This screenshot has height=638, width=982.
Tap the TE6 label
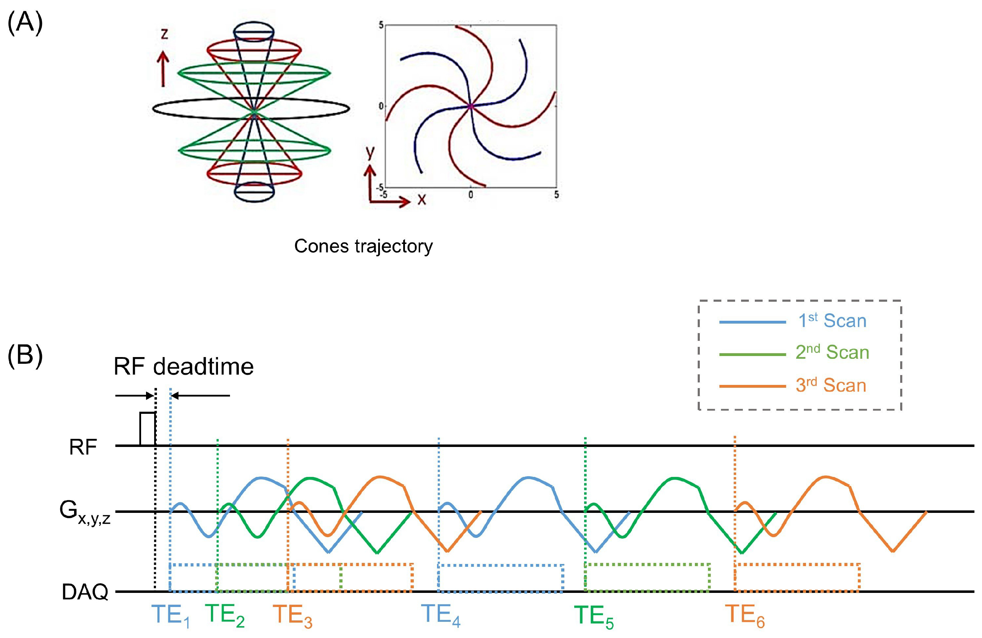click(745, 616)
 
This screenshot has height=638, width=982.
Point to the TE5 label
click(593, 616)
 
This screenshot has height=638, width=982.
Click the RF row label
click(83, 447)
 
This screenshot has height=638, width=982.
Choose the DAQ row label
click(85, 592)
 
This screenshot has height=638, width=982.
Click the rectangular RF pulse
click(147, 429)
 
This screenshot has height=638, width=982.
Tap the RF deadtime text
click(184, 367)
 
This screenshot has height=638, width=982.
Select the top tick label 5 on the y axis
click(381, 25)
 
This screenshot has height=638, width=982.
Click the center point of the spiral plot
click(471, 106)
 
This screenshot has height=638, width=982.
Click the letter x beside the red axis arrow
click(421, 200)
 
